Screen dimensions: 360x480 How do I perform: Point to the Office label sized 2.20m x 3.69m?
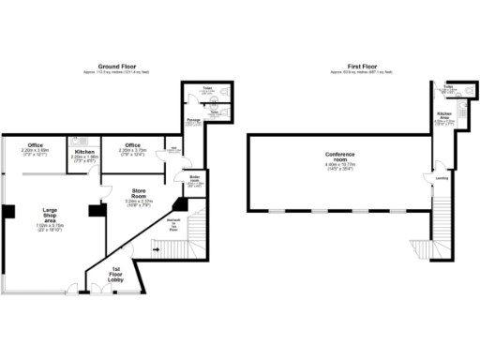[35, 145]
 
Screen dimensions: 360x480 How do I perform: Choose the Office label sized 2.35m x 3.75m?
[132, 145]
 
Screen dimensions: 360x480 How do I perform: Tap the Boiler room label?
[195, 178]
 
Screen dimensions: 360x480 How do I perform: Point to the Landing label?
[441, 177]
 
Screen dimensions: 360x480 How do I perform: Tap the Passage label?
[191, 120]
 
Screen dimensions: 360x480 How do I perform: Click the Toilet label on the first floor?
[448, 86]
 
